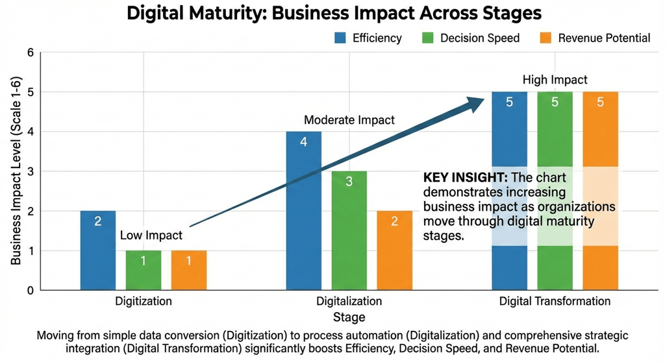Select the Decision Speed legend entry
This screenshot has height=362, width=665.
pyautogui.click(x=470, y=38)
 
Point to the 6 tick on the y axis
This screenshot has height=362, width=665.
pyautogui.click(x=29, y=52)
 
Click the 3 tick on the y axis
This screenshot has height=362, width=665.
pyautogui.click(x=29, y=171)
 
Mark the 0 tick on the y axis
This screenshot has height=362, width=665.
pyautogui.click(x=29, y=291)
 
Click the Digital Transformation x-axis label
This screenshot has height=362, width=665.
pyautogui.click(x=555, y=302)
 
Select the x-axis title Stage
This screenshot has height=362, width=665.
pyautogui.click(x=349, y=317)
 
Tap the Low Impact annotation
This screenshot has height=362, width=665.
pyautogui.click(x=151, y=235)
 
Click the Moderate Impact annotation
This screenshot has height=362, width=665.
pyautogui.click(x=349, y=120)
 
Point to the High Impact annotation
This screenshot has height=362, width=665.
pyautogui.click(x=555, y=80)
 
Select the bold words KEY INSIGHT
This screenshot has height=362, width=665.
pyautogui.click(x=465, y=178)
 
